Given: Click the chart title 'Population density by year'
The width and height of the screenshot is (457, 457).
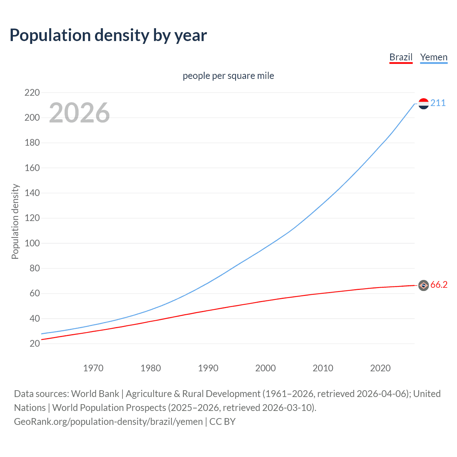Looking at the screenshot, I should pos(108,35).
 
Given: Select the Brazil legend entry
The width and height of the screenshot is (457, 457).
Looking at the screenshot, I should pos(401,57).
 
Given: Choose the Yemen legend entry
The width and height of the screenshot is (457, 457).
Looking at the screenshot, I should pos(433,57).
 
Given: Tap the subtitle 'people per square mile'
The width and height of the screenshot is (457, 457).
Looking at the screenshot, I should pos(228,76).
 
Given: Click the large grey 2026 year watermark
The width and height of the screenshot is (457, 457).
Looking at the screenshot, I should pos(79,113).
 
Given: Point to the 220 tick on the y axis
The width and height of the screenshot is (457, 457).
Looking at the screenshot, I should pos(32,93).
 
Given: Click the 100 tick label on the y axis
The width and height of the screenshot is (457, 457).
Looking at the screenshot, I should pos(32,243).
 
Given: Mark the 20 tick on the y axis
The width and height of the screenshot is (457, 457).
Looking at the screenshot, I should pos(35,344).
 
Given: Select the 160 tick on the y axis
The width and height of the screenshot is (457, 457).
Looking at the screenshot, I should pos(32,168).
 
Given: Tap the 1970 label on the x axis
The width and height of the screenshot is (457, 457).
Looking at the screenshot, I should pos(93,368).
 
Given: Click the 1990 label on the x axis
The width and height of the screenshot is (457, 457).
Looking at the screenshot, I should pos(208,368).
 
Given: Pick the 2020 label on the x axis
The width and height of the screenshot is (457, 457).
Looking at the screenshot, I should pos(380,368).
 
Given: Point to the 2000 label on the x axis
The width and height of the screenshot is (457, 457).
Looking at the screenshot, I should pos(265,368).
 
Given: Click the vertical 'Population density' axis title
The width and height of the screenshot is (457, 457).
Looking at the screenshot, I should pos(15,221).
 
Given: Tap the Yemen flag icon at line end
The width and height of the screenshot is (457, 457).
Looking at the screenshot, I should pos(423,104).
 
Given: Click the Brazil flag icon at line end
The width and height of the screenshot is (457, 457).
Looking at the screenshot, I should pos(423,285).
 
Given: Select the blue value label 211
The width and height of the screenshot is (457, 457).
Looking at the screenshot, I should pos(438,103).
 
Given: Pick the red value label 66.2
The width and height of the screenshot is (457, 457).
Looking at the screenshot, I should pos(439,285).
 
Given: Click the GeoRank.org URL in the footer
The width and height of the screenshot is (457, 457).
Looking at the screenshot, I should pos(108,422).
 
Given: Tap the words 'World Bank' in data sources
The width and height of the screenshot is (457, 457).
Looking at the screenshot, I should pos(95,394).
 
